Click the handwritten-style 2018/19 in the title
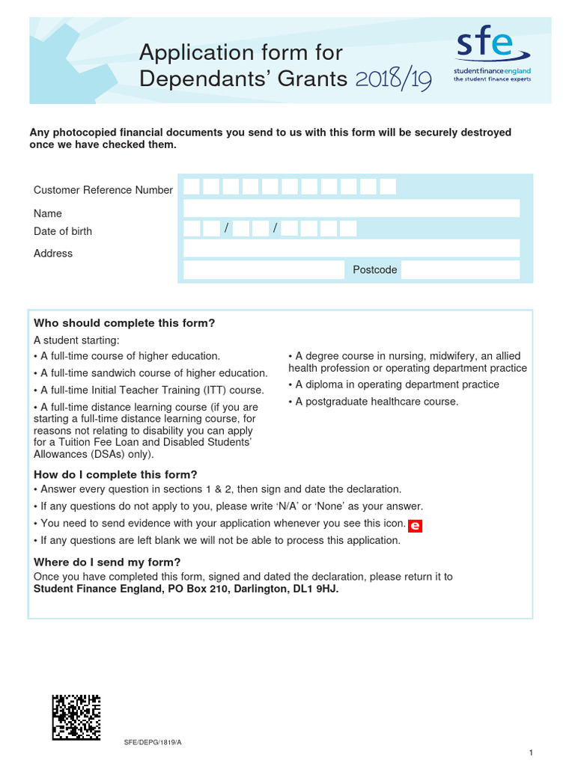393,79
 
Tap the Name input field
351,208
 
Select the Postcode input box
460,269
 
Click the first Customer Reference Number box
192,187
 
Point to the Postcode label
375,269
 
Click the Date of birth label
63,231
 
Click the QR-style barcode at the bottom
76,717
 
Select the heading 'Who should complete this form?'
124,323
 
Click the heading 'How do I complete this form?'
115,474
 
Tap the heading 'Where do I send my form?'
107,563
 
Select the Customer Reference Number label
103,190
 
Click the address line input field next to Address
351,248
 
